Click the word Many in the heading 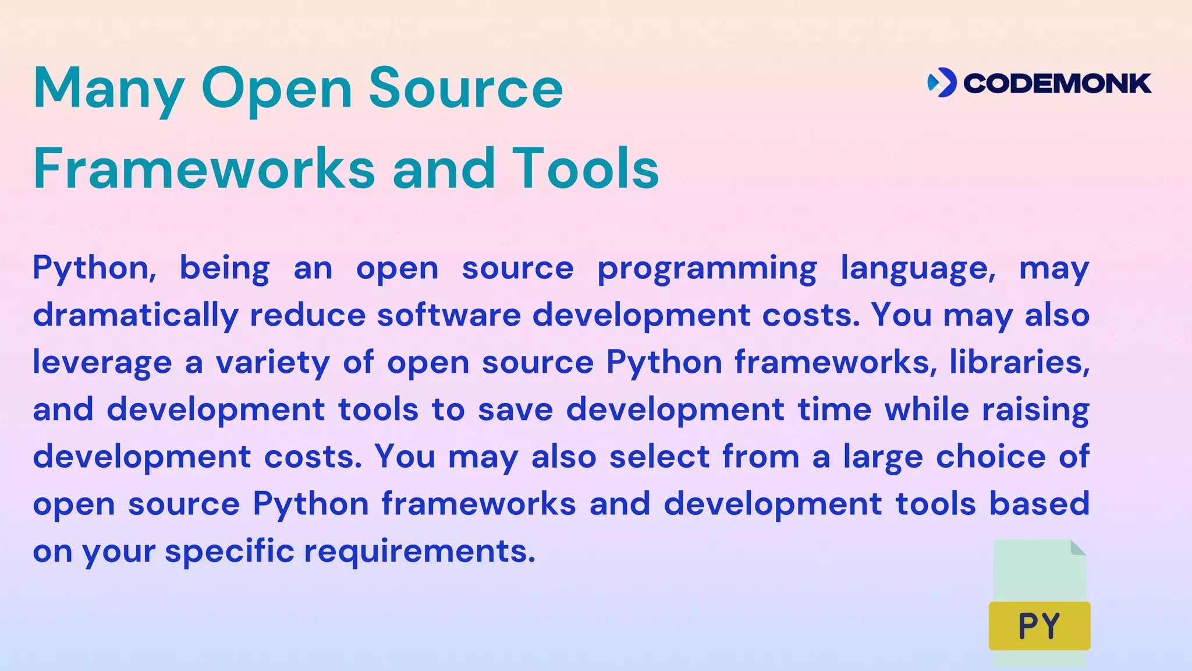click(x=109, y=89)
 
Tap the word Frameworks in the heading click(x=204, y=168)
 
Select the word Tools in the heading click(x=586, y=168)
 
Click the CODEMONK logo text click(x=1057, y=84)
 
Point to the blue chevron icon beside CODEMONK click(x=942, y=83)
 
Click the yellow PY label click(x=1040, y=626)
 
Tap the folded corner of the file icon click(x=1077, y=548)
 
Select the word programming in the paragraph click(x=707, y=269)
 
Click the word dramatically click(x=136, y=316)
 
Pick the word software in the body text click(x=449, y=315)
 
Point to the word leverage click(x=102, y=363)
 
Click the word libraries click(x=1019, y=362)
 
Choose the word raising click(x=1035, y=410)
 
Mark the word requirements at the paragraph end click(x=420, y=552)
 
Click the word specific click(x=229, y=552)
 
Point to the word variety click(x=272, y=363)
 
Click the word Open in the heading click(x=276, y=89)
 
